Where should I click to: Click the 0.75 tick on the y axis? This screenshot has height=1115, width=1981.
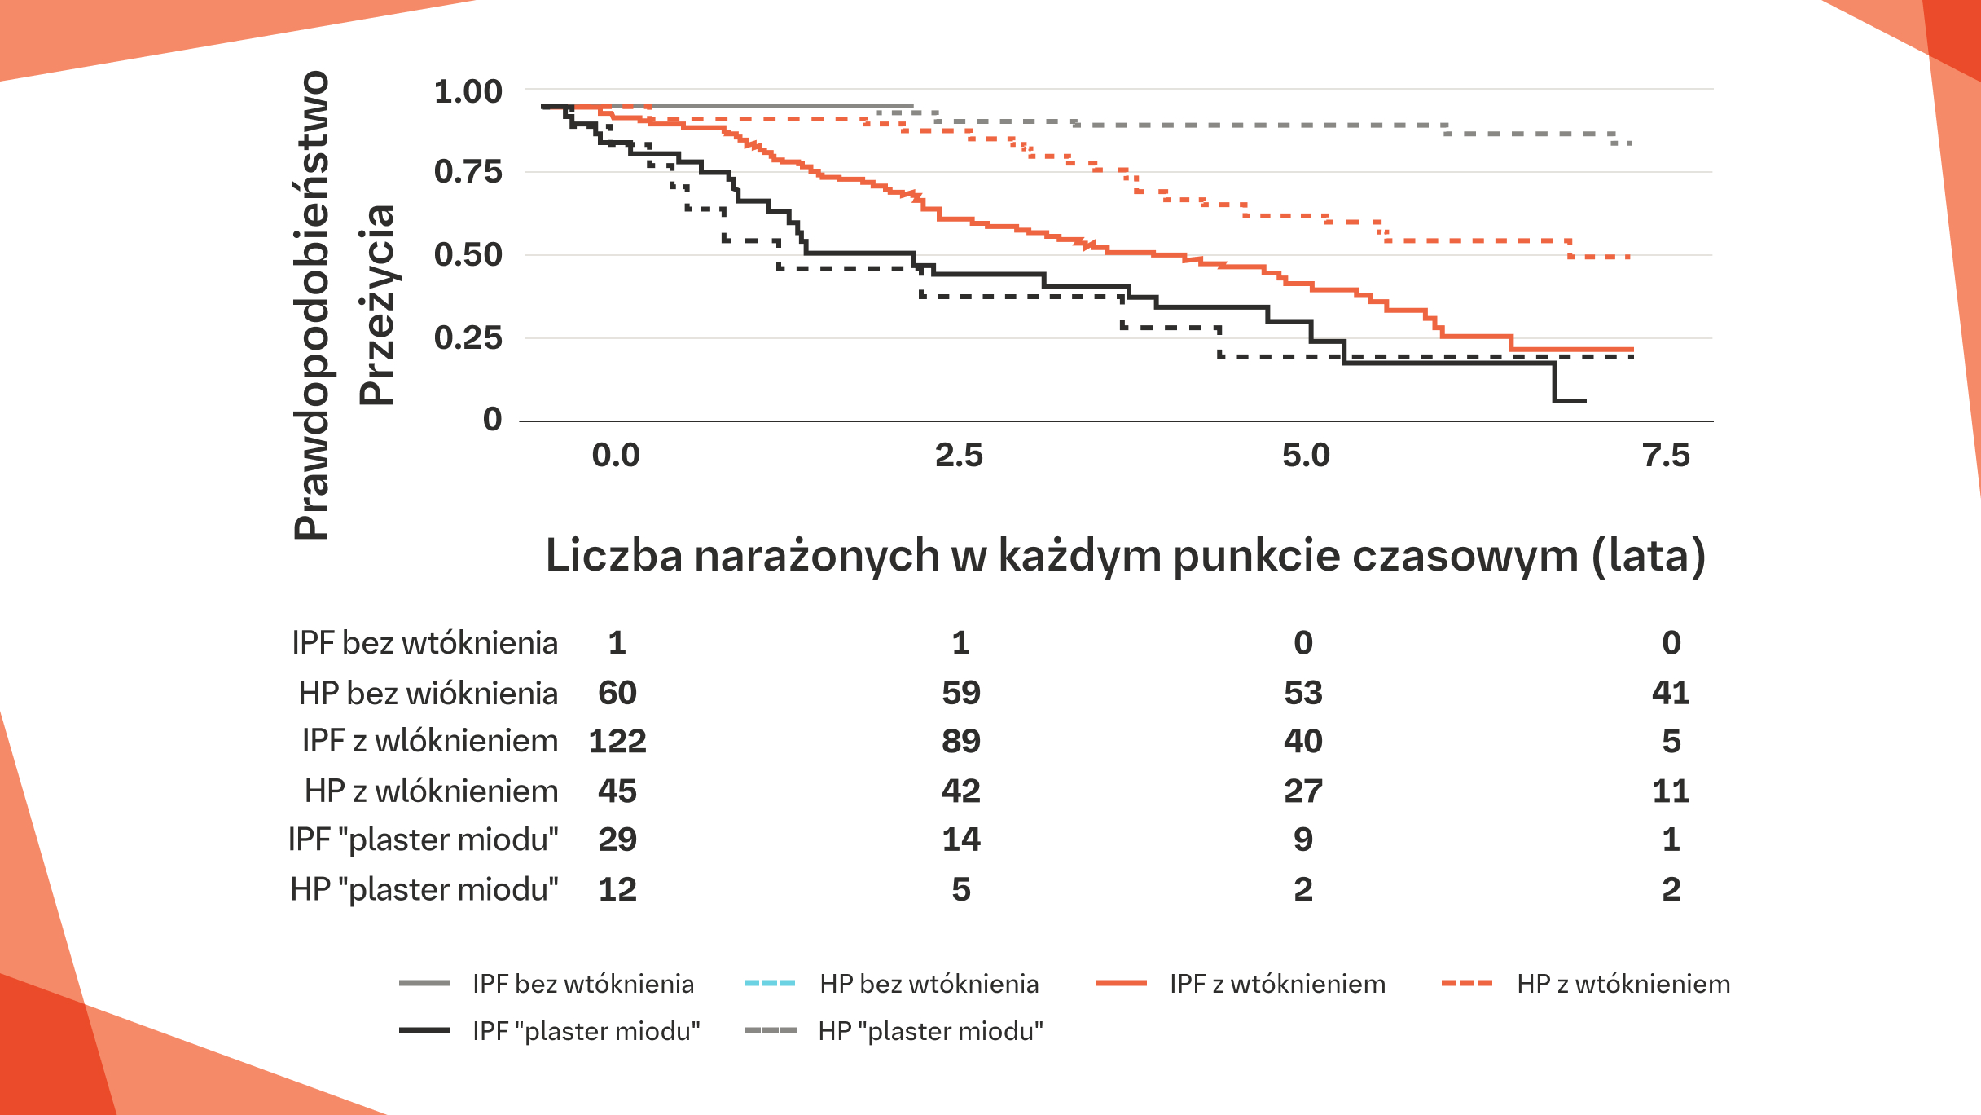[468, 172]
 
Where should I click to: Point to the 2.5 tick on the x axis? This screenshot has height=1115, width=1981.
[959, 456]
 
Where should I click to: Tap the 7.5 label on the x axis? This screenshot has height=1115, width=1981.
[1667, 456]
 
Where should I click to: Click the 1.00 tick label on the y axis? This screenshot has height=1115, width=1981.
[468, 92]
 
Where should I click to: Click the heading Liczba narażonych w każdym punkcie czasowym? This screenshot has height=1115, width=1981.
[1125, 556]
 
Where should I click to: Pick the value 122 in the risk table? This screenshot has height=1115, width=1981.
[617, 742]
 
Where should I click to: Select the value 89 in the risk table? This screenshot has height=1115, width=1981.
[961, 742]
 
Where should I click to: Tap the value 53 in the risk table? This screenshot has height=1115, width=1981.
[1303, 693]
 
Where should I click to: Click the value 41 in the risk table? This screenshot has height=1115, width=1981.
[1671, 693]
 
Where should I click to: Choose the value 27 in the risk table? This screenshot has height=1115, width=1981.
[1303, 791]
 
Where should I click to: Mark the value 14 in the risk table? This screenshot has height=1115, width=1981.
[961, 840]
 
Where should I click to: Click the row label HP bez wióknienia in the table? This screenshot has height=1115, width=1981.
[428, 694]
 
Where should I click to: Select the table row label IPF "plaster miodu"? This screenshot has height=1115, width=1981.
[424, 840]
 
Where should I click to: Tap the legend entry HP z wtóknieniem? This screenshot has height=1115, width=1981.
[1623, 984]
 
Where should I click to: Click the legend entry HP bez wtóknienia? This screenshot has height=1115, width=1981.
[929, 984]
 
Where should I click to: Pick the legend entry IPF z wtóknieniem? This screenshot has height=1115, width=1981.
[1276, 984]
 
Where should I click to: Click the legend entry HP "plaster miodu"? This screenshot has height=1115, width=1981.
[930, 1031]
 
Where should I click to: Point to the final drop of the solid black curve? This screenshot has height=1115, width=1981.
[1555, 381]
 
